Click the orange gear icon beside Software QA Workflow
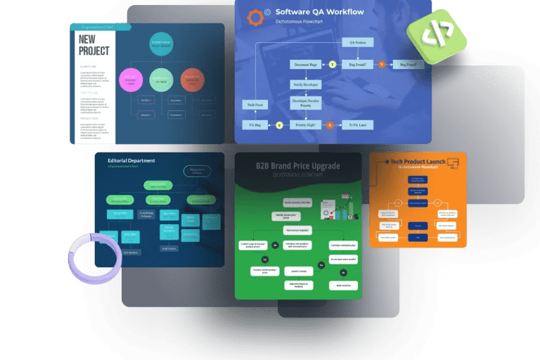click(255, 17)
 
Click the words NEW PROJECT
click(94, 46)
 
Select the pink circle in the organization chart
click(131, 80)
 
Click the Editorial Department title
click(131, 161)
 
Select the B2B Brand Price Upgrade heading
click(297, 166)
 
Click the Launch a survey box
click(298, 270)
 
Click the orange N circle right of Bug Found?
click(382, 64)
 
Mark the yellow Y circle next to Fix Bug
click(279, 124)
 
